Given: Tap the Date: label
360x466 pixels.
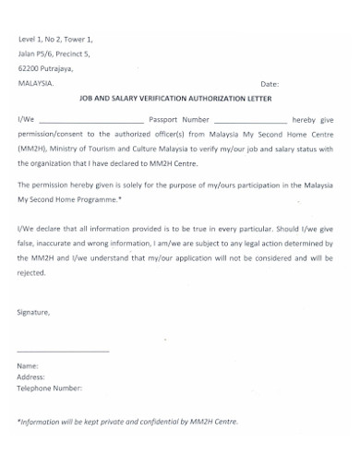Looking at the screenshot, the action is coord(270,83).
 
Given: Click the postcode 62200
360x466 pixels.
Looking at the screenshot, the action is coord(30,67).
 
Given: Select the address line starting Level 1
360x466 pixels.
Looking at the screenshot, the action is coord(54,39).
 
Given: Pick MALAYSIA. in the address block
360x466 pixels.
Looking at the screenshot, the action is coord(36,82).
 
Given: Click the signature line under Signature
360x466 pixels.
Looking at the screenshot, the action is coord(63,352).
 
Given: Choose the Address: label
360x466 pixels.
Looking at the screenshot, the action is coord(31,377).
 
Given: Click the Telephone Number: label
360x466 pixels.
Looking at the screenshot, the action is coord(50,388).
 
